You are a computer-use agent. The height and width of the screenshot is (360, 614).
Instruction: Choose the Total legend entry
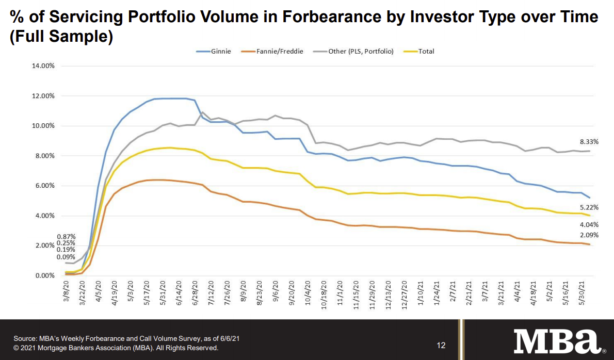coord(426,52)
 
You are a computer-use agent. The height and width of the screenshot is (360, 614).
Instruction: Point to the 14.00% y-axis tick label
coord(44,66)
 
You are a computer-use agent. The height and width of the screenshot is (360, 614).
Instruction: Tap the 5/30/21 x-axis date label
coord(582,294)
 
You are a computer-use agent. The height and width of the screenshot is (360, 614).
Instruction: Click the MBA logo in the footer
coord(557,341)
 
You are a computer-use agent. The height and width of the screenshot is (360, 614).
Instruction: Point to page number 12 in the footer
coord(441,345)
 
